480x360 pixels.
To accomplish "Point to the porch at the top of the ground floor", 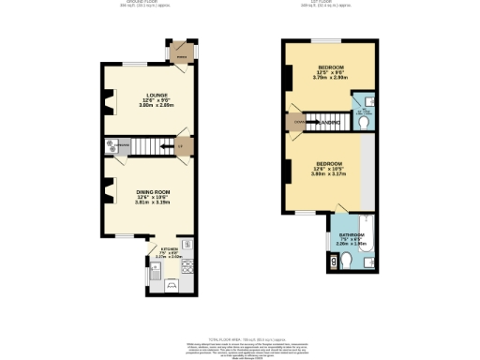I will (182, 51).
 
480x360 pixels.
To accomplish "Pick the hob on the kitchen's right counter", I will (187, 265).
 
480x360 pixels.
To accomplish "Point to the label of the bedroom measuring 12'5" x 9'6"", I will (329, 68).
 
